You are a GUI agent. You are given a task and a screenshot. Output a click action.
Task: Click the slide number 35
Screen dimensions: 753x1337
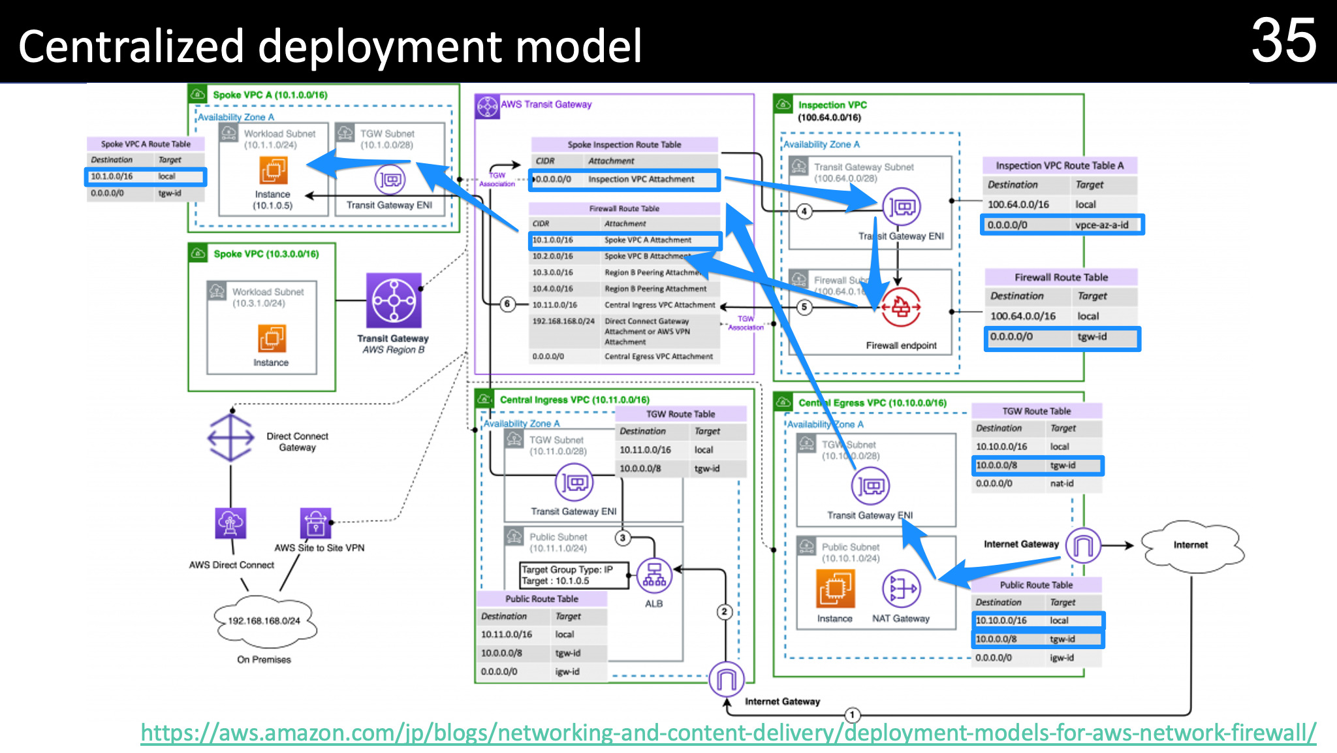point(1283,40)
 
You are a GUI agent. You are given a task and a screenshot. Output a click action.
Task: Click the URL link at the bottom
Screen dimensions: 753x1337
point(728,733)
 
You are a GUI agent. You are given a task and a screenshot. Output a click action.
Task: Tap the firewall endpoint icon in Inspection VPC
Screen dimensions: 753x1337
point(901,307)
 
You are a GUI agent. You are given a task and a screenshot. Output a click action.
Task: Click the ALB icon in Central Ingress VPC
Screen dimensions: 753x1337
point(653,575)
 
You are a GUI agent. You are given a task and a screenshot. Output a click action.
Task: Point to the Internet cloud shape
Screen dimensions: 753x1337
point(1191,545)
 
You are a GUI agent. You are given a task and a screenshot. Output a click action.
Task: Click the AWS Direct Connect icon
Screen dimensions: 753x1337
point(231,523)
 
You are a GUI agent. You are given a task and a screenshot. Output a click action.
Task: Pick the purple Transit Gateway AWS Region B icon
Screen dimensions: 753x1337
point(394,301)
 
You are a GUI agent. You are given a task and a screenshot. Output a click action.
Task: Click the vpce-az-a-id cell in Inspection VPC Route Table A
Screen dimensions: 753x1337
point(1101,225)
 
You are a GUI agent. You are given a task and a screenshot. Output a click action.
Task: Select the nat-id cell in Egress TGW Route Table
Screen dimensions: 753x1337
point(1062,484)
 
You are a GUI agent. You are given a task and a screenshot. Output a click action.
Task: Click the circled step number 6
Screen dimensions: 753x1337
point(507,304)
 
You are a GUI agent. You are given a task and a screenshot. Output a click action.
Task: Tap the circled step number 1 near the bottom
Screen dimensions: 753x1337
point(852,714)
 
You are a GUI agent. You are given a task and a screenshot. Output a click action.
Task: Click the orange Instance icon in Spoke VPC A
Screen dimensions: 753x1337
point(273,170)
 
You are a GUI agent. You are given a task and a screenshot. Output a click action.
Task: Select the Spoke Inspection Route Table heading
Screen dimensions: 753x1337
point(624,145)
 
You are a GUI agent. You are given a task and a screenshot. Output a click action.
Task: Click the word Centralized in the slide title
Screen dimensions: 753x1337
point(131,47)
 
